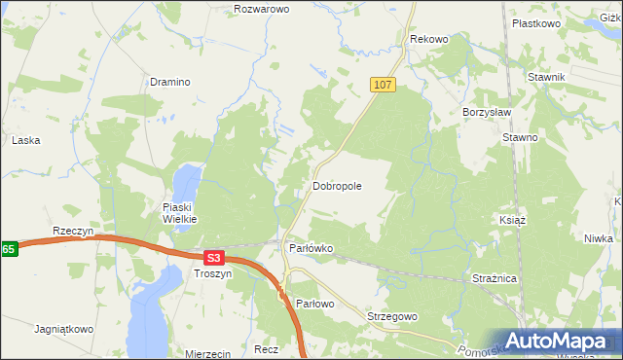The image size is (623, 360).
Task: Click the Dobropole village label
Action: (x=337, y=185)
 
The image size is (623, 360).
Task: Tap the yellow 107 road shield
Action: (x=383, y=86)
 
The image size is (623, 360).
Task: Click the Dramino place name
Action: (x=169, y=83)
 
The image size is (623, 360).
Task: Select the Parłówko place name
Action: (x=311, y=248)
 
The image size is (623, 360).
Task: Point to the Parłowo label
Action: (x=314, y=305)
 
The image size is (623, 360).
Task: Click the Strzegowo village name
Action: (x=392, y=317)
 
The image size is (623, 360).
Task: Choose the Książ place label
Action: (x=512, y=220)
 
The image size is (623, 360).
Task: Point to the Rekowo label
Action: (x=429, y=39)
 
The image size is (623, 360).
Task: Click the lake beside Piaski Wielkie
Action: (x=187, y=179)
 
